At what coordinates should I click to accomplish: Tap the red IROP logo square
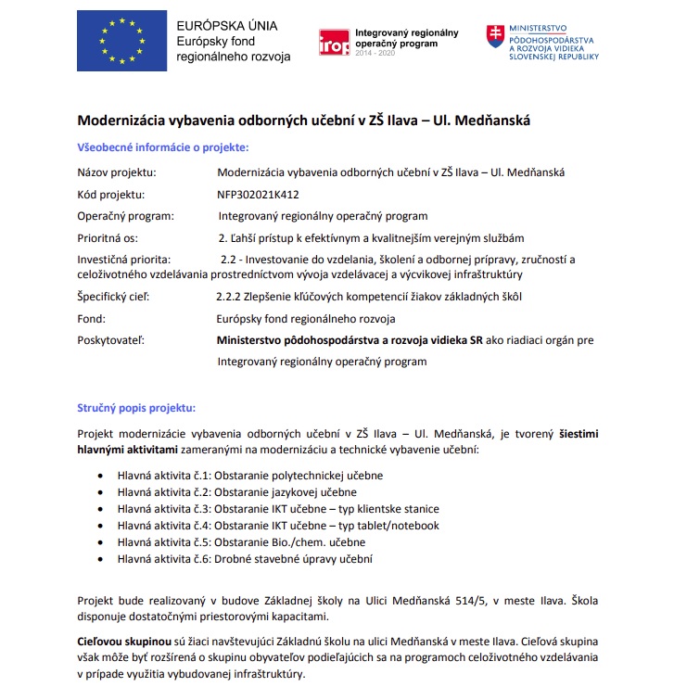click(334, 43)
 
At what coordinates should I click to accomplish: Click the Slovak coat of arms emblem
click(495, 37)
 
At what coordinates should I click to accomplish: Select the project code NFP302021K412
click(258, 195)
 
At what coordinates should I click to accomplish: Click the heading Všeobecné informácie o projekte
click(162, 147)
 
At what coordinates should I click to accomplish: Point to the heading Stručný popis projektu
click(136, 407)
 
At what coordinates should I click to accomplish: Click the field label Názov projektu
click(117, 172)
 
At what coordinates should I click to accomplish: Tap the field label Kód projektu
click(111, 195)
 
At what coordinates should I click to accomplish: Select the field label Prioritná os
click(109, 237)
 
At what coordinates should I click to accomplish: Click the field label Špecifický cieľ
click(113, 298)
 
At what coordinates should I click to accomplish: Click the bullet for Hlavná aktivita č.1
click(99, 476)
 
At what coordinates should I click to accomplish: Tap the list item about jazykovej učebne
click(236, 492)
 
